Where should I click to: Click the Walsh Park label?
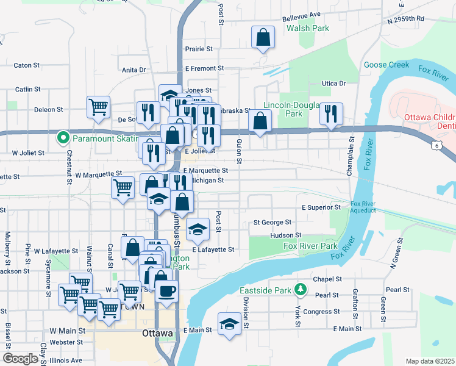click(x=308, y=28)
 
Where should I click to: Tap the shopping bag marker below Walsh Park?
click(x=263, y=38)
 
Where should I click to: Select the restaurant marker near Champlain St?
click(x=331, y=113)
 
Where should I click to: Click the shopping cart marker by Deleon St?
click(x=98, y=107)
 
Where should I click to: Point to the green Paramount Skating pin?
click(x=62, y=138)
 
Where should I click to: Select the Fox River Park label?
click(x=310, y=246)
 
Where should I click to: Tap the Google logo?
click(x=20, y=359)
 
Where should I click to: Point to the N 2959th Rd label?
click(x=405, y=20)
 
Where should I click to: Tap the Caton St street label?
click(x=26, y=65)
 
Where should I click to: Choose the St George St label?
click(x=273, y=223)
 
